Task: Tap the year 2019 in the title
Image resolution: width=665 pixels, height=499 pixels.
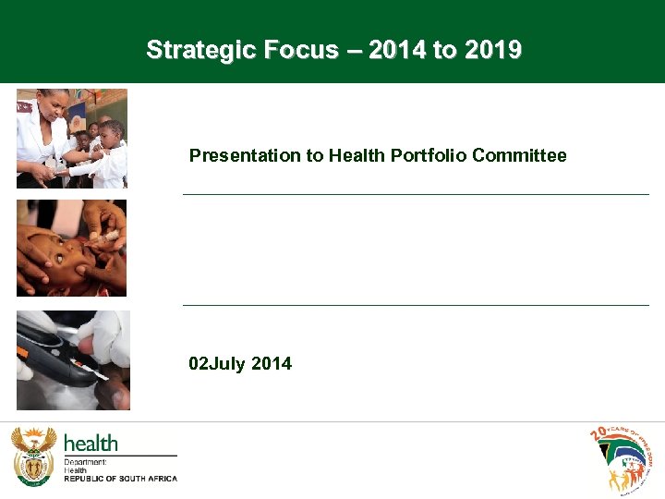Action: coord(492,50)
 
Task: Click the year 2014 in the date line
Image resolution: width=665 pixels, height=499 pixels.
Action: coord(272,364)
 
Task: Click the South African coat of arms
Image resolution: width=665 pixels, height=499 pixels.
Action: coord(33,456)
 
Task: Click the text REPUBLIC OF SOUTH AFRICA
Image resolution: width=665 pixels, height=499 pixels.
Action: coord(120,479)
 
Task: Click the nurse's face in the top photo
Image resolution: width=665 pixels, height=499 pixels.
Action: coord(54,107)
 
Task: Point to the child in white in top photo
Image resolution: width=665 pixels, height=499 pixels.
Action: coord(111,152)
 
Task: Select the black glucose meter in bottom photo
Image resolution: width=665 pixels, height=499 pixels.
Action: coord(51,356)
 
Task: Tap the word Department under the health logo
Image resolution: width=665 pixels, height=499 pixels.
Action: coord(85,462)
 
